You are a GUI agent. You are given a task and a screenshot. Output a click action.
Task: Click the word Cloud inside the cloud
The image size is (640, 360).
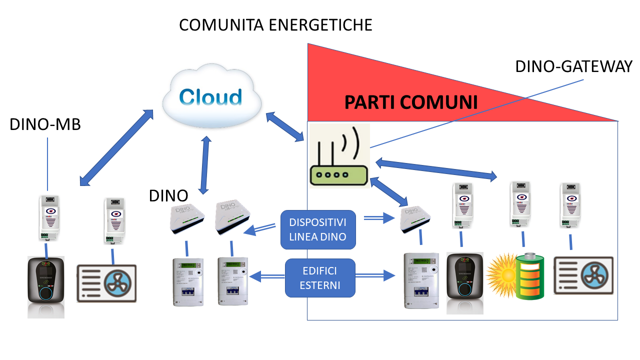(210, 97)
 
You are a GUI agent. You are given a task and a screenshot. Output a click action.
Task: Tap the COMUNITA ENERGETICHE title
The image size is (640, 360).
(275, 25)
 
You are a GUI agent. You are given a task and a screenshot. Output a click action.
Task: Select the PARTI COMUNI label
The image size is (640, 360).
(411, 102)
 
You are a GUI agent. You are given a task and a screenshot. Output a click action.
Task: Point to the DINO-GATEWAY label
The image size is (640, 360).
(573, 66)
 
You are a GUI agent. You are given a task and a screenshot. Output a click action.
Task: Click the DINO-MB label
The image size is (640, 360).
(45, 125)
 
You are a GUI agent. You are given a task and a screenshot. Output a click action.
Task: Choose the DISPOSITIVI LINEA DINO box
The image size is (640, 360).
(318, 229)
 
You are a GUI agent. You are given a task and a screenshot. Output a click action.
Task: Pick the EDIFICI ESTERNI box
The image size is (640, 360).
(320, 277)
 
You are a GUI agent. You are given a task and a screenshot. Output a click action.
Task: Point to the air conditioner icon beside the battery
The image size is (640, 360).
(583, 275)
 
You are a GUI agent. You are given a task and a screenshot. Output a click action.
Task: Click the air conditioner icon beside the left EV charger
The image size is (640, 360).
(106, 283)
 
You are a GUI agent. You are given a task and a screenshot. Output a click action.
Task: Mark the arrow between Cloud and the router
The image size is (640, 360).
(285, 125)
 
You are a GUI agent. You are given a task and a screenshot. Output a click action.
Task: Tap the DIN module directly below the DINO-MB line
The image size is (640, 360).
(47, 218)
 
